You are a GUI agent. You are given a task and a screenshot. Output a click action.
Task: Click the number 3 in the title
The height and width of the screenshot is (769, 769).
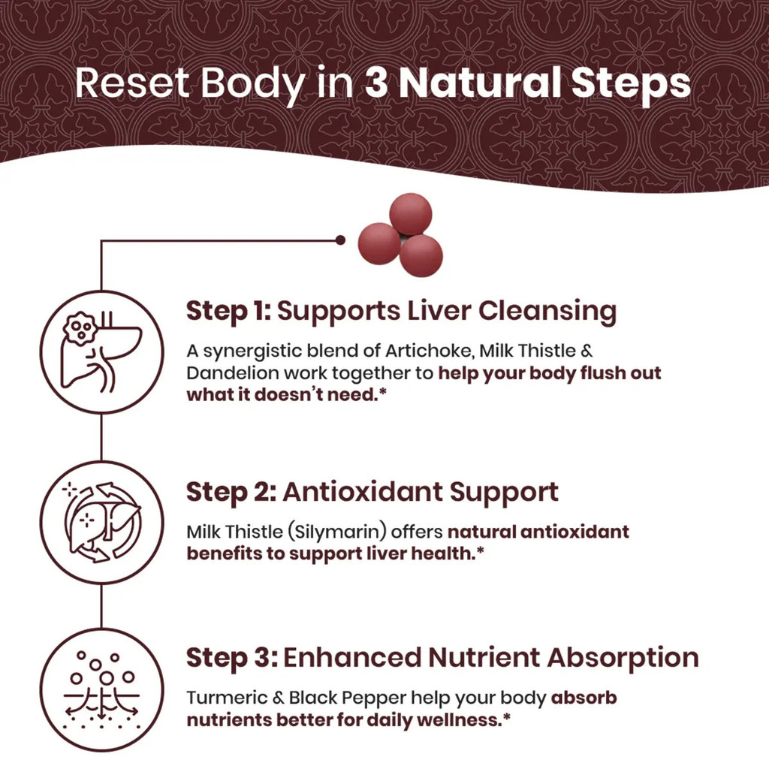click(x=376, y=83)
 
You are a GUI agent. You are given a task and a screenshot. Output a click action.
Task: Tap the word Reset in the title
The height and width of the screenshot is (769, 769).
click(x=132, y=83)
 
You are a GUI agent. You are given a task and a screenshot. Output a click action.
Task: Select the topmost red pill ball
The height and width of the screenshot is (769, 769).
click(x=411, y=214)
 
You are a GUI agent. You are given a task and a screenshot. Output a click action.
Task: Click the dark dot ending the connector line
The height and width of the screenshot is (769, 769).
click(x=340, y=240)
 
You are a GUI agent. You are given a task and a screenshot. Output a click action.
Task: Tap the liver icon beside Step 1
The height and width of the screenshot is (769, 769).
click(x=101, y=351)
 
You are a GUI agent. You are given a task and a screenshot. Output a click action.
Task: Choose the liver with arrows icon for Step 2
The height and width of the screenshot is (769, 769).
click(x=101, y=522)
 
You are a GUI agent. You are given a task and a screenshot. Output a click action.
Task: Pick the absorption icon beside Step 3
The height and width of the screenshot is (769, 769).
click(x=101, y=689)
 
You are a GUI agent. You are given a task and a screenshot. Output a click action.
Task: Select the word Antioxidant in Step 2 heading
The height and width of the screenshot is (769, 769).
click(x=363, y=492)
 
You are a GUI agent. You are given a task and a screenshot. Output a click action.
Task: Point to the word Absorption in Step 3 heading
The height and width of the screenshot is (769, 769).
click(x=623, y=658)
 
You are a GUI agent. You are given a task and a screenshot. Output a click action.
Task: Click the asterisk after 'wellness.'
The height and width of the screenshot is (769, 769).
click(x=507, y=716)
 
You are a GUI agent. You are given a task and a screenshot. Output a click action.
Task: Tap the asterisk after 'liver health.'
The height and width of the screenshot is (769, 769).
click(x=480, y=550)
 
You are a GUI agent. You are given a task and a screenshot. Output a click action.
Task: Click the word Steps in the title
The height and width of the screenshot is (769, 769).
click(x=631, y=83)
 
